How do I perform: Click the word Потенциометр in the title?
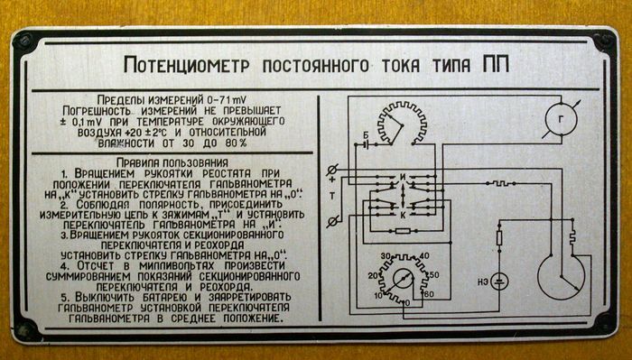coord(187,65)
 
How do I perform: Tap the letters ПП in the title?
coord(496,64)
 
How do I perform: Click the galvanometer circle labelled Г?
coord(561,120)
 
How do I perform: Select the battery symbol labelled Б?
coord(366,144)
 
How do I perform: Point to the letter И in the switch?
coord(403,177)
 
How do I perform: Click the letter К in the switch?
coord(403,216)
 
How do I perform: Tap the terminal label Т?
coord(332,196)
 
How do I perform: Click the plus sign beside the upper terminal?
coord(332,180)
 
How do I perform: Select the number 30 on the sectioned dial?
coord(386,256)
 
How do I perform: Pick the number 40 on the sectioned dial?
coord(424,256)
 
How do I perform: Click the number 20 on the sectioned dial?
coord(373,276)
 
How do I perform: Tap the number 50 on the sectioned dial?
coord(434,275)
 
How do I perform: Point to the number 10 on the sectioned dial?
coord(378,296)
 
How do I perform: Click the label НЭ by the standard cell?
coord(483,282)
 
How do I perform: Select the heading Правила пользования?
coord(172,162)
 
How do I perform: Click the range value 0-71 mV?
coord(227,99)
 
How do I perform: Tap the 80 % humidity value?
coord(236,143)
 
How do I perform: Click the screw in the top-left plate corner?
coord(23,42)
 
